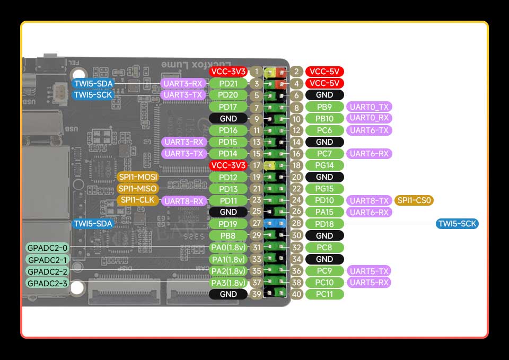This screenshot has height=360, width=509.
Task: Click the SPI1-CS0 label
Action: (414, 200)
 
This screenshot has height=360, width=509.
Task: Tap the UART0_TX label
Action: (369, 107)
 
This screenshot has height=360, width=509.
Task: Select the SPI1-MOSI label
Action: (137, 177)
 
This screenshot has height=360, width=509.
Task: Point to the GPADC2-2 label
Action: (47, 271)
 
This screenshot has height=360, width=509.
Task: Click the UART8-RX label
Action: (184, 201)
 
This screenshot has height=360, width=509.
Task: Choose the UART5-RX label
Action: (369, 282)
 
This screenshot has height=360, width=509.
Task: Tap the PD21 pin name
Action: (229, 83)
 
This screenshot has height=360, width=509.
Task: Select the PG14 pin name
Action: (324, 165)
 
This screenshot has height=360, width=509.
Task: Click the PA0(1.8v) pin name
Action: (229, 247)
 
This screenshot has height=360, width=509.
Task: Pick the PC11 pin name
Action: (324, 294)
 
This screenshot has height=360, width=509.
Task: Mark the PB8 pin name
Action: (229, 235)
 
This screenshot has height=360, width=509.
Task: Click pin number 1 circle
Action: (257, 72)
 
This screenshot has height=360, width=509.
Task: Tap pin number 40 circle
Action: (297, 294)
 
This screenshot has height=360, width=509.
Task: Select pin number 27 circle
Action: (257, 224)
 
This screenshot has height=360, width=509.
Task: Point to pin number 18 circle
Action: (297, 165)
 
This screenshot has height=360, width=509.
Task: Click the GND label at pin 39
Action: (229, 294)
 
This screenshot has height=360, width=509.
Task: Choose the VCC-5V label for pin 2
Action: (324, 72)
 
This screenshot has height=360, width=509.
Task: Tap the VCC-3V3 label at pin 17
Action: (229, 165)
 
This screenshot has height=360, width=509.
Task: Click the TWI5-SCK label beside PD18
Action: (458, 224)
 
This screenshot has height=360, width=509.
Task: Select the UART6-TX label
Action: (369, 130)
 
